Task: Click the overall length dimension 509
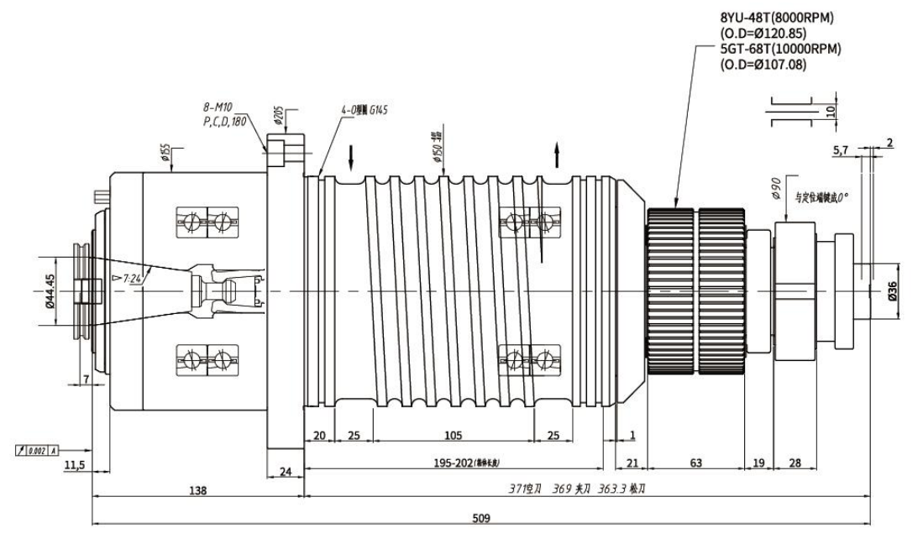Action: tap(481, 518)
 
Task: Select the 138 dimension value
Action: tap(197, 489)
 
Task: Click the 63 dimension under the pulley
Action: tap(696, 462)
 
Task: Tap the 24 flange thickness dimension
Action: tap(285, 472)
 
